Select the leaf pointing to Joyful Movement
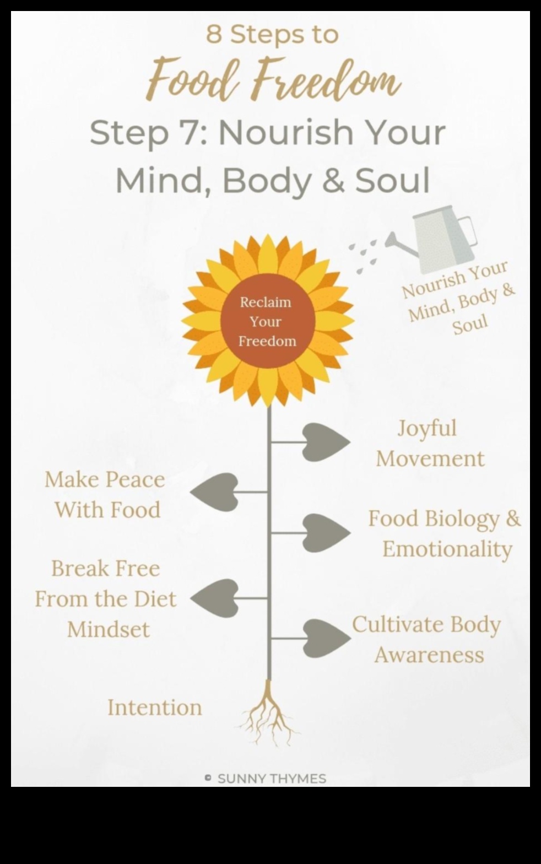coord(326,441)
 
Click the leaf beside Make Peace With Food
coord(215,492)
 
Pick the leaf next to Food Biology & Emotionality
coord(326,532)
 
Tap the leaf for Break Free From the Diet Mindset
coord(215,598)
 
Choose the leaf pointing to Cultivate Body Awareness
coord(326,638)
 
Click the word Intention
coord(155,708)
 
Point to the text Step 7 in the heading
coord(148,133)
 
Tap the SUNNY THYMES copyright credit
coord(266,779)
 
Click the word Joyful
coord(427,428)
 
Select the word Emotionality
coord(447,549)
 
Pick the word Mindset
coord(109,629)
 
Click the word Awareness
coord(429,655)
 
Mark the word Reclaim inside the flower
coord(266,302)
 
